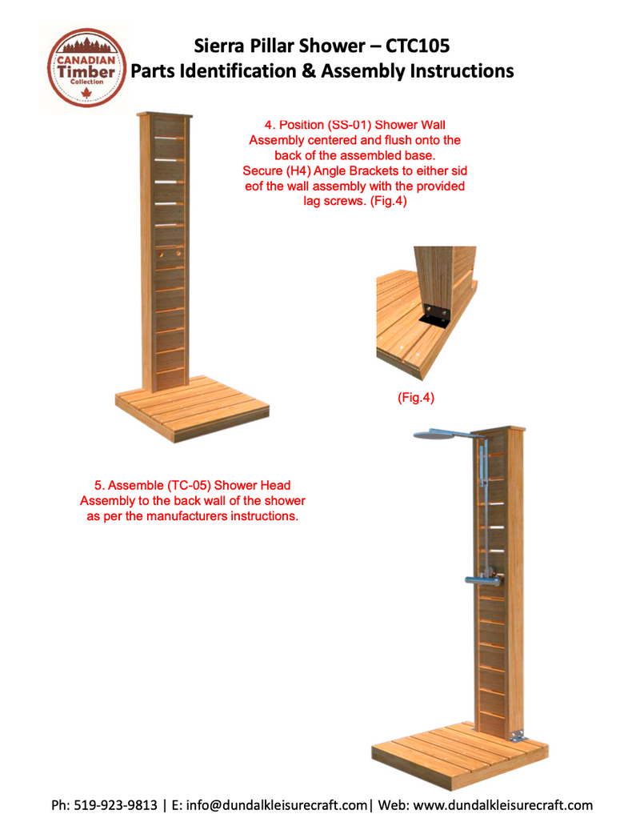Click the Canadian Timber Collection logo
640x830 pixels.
pyautogui.click(x=86, y=68)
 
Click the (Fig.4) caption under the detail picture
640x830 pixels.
pyautogui.click(x=416, y=397)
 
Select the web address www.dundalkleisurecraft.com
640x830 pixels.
pyautogui.click(x=503, y=805)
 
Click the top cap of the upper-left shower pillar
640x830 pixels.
pyautogui.click(x=166, y=114)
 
